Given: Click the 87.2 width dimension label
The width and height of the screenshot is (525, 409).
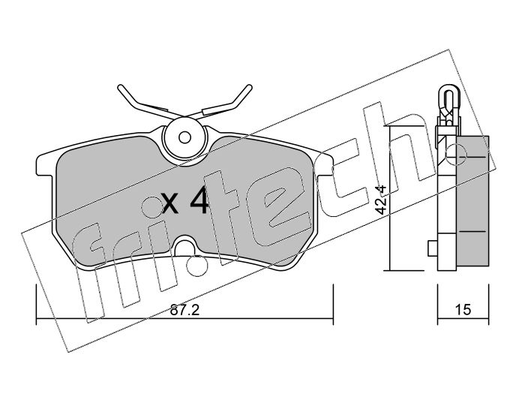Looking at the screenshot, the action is (x=184, y=310).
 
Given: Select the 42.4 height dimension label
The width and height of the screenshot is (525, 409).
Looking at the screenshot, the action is (x=381, y=200).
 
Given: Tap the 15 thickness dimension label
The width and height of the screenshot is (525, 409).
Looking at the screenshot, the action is (x=463, y=310).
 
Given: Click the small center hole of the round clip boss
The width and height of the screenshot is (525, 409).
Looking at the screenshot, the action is (x=184, y=137).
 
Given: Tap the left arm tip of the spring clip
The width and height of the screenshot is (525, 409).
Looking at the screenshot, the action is (x=121, y=88).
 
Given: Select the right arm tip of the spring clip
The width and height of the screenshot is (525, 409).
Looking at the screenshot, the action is (x=248, y=88).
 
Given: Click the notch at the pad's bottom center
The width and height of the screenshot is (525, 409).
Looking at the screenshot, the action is (x=184, y=245).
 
